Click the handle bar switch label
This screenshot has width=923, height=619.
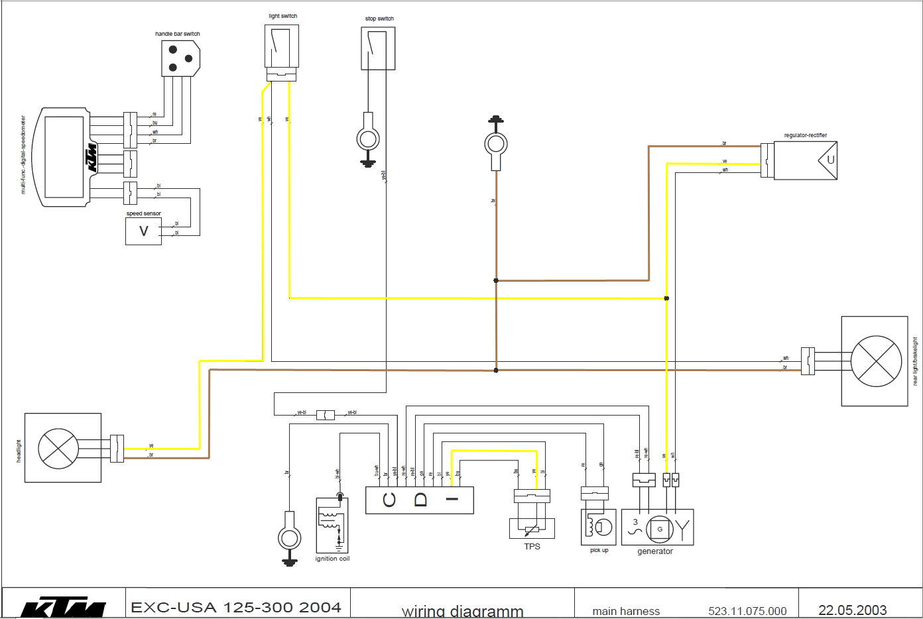pyautogui.click(x=177, y=34)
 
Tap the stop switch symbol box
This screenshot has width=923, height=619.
pyautogui.click(x=378, y=48)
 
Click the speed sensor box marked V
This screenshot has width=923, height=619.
pyautogui.click(x=143, y=231)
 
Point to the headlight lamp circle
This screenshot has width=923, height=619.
pyautogui.click(x=58, y=449)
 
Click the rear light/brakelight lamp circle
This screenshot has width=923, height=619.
pyautogui.click(x=876, y=361)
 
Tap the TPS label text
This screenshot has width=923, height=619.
pyautogui.click(x=532, y=547)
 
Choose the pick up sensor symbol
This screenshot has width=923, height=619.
pyautogui.click(x=599, y=527)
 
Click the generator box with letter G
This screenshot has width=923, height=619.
pyautogui.click(x=659, y=528)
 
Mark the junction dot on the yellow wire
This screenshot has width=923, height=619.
pyautogui.click(x=666, y=298)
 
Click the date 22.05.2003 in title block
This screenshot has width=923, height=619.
pyautogui.click(x=852, y=610)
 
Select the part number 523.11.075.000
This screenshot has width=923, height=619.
pyautogui.click(x=747, y=611)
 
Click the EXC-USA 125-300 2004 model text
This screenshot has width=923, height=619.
pyautogui.click(x=236, y=607)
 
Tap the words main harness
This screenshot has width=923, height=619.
pyautogui.click(x=626, y=611)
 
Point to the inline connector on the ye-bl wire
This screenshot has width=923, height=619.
pyautogui.click(x=326, y=415)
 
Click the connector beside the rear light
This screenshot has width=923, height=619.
pyautogui.click(x=807, y=361)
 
